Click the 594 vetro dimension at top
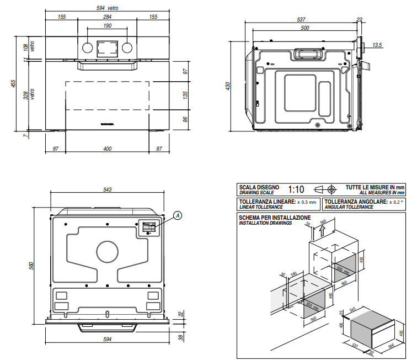(108, 8)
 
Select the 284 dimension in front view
(107, 17)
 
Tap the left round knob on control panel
(88, 47)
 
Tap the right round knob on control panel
(127, 47)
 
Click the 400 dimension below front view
(108, 149)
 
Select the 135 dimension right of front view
(186, 94)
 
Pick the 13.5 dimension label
(377, 45)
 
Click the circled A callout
(178, 215)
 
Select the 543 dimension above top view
(108, 190)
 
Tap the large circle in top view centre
(107, 252)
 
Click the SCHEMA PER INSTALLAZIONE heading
(274, 218)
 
